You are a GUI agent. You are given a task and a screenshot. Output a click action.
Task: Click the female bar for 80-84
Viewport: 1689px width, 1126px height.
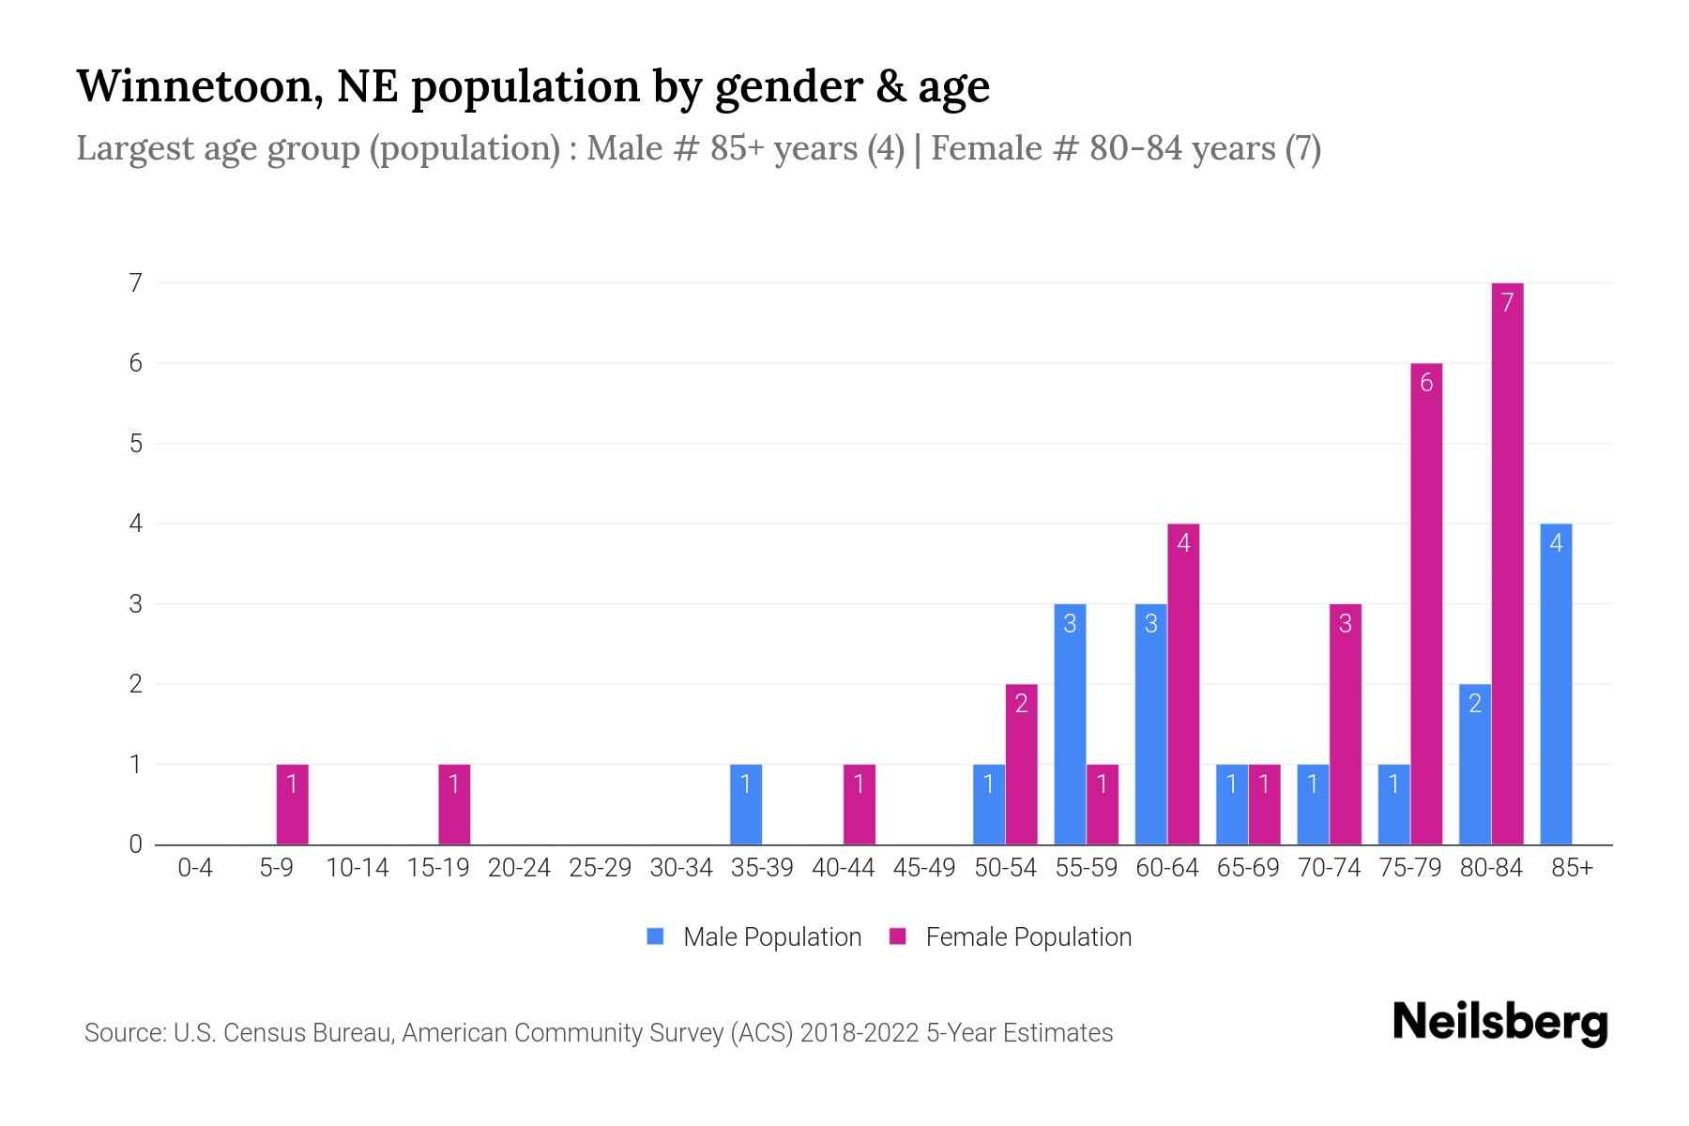tap(1507, 563)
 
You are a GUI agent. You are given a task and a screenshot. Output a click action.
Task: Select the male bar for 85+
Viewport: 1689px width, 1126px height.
tap(1556, 684)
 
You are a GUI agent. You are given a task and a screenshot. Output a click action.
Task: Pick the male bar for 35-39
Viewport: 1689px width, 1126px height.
tap(746, 804)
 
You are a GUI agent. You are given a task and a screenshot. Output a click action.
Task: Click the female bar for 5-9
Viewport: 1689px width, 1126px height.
tap(292, 804)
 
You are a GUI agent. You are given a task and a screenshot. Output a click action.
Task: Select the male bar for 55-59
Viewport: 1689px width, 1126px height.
tap(1070, 723)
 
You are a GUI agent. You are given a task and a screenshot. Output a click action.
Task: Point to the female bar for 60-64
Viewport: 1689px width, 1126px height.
tap(1183, 684)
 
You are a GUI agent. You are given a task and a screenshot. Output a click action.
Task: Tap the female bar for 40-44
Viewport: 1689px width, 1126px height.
tap(860, 804)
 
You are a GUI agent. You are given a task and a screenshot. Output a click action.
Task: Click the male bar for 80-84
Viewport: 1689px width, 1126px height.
tap(1475, 764)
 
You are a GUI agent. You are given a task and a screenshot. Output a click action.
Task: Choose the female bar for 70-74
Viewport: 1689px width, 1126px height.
tap(1346, 723)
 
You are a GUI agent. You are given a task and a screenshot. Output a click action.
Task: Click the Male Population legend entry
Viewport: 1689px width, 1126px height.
tap(755, 937)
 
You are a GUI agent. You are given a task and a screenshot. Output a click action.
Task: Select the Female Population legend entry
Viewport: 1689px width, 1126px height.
tap(1012, 937)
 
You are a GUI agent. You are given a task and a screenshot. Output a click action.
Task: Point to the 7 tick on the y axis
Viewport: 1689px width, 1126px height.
tap(136, 282)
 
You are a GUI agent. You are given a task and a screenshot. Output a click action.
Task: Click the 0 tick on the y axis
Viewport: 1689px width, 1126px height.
tap(136, 844)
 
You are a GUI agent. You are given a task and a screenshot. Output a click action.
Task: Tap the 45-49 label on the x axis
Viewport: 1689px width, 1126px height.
tap(924, 868)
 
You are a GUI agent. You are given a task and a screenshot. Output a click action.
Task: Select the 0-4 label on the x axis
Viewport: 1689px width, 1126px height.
tap(195, 868)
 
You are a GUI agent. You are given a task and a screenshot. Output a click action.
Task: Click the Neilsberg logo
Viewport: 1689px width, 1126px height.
tap(1499, 1023)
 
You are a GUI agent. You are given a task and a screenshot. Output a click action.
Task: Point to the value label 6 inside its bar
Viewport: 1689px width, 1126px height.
tap(1426, 383)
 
